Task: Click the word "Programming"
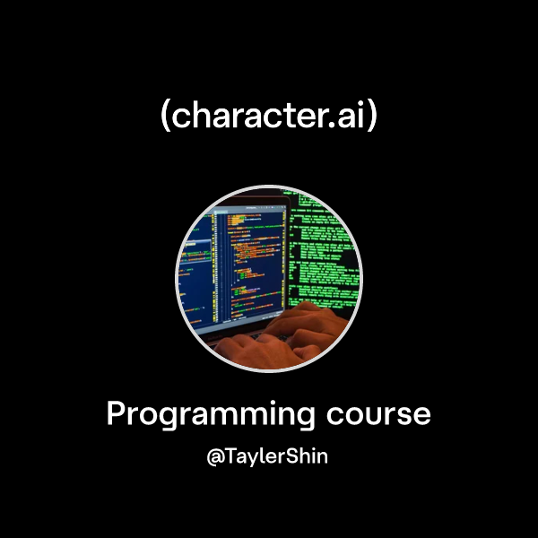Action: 211,415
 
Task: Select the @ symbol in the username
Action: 215,456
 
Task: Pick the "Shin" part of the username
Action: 306,456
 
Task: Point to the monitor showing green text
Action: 327,247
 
